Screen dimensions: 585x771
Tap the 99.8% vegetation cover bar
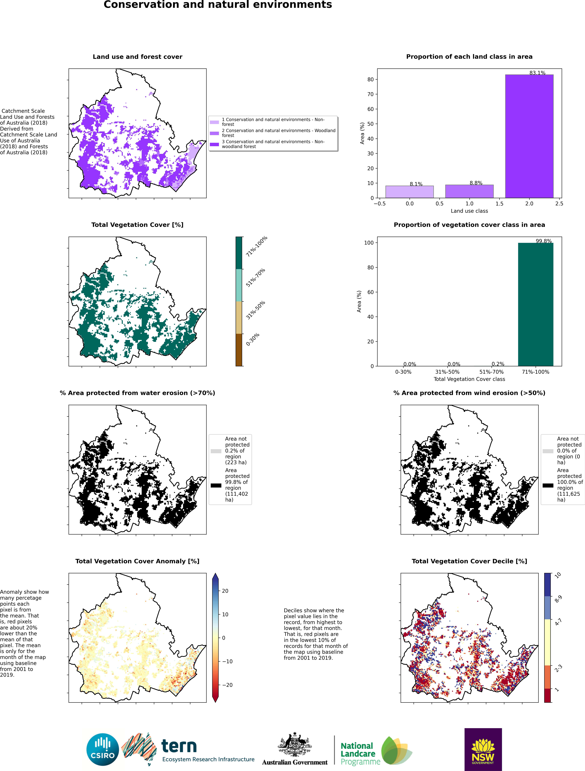coord(535,304)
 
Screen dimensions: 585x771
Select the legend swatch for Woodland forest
coord(214,133)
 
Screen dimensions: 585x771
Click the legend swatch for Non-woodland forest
coord(214,144)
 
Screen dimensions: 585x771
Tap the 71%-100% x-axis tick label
coord(535,372)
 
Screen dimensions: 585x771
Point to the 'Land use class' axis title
coord(469,211)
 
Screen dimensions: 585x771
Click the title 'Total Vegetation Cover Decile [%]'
coord(469,561)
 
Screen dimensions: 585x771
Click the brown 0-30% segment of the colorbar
coord(239,350)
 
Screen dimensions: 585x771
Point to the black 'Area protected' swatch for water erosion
coord(216,485)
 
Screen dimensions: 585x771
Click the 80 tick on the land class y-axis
coord(370,79)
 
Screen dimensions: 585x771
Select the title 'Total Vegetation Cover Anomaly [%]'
coord(137,561)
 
